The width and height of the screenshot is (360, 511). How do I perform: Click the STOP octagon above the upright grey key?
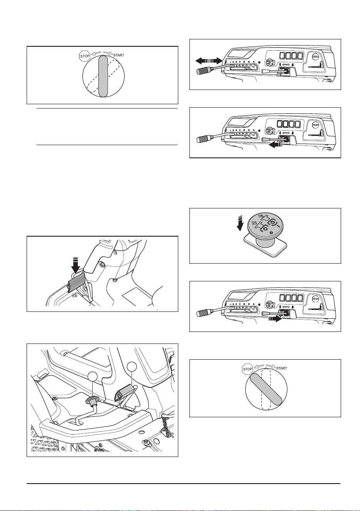pos(85,56)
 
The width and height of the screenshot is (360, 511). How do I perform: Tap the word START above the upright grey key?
pos(119,55)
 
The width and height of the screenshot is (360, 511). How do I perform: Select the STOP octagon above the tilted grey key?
pos(248,369)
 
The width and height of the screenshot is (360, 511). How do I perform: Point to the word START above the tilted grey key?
pos(282,369)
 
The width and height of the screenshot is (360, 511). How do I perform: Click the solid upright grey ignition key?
pos(103,76)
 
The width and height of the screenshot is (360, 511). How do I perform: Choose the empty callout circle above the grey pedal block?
pos(132,367)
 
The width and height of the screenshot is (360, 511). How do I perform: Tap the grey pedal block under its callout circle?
pos(125,393)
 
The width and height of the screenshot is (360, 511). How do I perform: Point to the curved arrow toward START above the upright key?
pos(108,53)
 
